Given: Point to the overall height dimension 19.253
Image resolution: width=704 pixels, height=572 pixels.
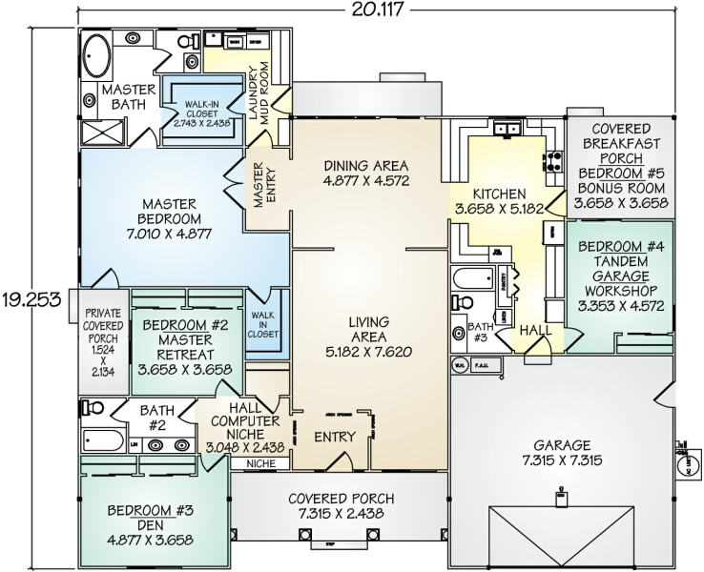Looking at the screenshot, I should [x=31, y=298].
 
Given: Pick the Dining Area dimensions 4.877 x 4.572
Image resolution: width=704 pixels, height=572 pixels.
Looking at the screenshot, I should [x=366, y=179].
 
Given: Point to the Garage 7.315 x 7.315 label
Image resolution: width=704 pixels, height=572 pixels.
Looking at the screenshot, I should [x=562, y=453].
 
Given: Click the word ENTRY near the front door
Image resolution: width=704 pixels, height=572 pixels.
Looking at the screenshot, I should [x=335, y=437].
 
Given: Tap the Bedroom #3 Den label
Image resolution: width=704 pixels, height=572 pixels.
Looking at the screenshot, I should [x=150, y=518].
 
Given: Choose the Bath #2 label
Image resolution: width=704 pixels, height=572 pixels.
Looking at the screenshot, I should [x=156, y=418].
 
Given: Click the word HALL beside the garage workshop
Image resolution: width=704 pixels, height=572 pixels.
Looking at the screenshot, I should [x=534, y=331].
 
